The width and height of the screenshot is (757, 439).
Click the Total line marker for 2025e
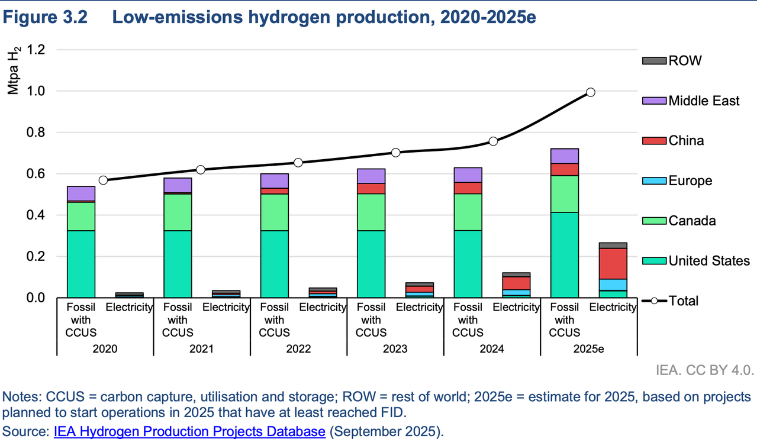pyautogui.click(x=590, y=92)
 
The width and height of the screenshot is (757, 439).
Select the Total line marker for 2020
pyautogui.click(x=103, y=180)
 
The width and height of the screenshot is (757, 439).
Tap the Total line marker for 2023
pyautogui.click(x=395, y=152)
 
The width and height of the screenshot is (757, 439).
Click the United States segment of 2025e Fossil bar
pyautogui.click(x=564, y=254)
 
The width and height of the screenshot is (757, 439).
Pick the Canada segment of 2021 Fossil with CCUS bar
pyautogui.click(x=178, y=212)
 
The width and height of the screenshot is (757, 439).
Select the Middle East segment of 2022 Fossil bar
pyautogui.click(x=275, y=180)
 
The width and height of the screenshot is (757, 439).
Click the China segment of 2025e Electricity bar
pyautogui.click(x=613, y=263)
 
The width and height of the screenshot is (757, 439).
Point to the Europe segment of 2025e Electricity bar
pyautogui.click(x=613, y=285)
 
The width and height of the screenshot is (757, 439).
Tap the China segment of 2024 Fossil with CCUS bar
pyautogui.click(x=468, y=188)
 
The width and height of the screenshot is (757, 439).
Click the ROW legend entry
pyautogui.click(x=685, y=60)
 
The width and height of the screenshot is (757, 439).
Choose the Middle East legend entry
pyautogui.click(x=704, y=101)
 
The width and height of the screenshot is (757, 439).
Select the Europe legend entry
pyautogui.click(x=690, y=180)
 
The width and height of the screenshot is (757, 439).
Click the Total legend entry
pyautogui.click(x=683, y=301)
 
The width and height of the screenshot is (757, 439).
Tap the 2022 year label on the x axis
pyautogui.click(x=298, y=348)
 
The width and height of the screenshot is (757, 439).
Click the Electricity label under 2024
pyautogui.click(x=516, y=307)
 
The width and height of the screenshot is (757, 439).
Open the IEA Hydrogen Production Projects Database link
pyautogui.click(x=189, y=431)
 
